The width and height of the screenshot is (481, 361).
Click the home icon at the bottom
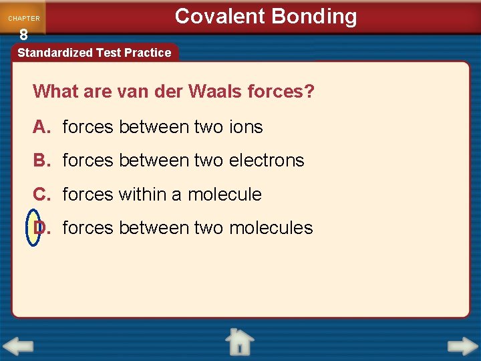pos(239,342)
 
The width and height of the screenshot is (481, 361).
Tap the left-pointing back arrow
pos(18,347)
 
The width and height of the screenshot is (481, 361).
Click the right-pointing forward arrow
pos(462,347)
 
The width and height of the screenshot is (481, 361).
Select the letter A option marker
pos(41,127)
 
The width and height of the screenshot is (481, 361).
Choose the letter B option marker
pos(41,160)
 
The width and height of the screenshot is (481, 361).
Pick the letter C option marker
pos(41,195)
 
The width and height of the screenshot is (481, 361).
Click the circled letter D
pos(37,228)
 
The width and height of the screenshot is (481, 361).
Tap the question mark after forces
pos(309,91)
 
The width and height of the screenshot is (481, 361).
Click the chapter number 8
pos(23,35)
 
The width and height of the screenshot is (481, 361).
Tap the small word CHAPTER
pos(24,19)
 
